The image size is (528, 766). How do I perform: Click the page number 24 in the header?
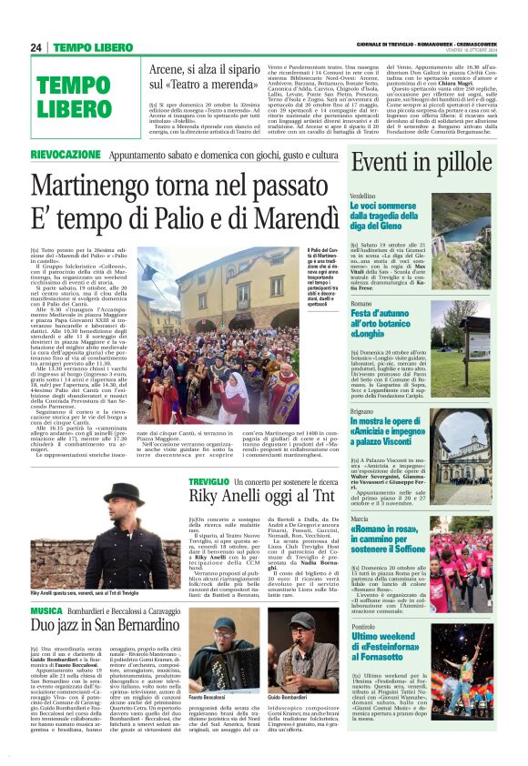point(36,47)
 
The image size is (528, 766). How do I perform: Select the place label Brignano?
point(362,411)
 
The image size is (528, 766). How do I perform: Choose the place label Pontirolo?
point(363,628)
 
